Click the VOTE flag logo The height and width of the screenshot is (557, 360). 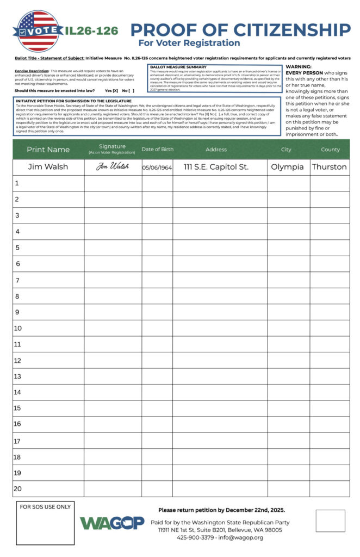click(x=37, y=31)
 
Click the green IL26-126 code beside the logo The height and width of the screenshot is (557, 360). click(x=91, y=31)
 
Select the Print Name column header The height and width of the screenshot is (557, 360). click(x=48, y=150)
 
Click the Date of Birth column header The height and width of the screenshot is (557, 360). click(x=157, y=150)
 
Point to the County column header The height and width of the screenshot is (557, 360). click(x=330, y=150)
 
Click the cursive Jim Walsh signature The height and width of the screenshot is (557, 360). click(x=113, y=167)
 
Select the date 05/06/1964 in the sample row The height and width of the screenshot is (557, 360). click(x=157, y=168)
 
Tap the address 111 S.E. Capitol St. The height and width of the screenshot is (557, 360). click(x=216, y=167)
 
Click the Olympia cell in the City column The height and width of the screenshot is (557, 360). click(x=287, y=167)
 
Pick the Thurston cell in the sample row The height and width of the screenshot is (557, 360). click(x=329, y=167)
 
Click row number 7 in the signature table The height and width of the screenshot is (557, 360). click(x=17, y=280)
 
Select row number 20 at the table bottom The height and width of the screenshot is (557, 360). click(x=18, y=488)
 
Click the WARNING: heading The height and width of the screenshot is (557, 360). click(x=299, y=66)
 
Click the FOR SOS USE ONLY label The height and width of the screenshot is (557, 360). click(x=45, y=507)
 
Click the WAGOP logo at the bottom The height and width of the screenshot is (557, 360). click(x=112, y=523)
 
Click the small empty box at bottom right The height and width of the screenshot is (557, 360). click(x=330, y=521)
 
